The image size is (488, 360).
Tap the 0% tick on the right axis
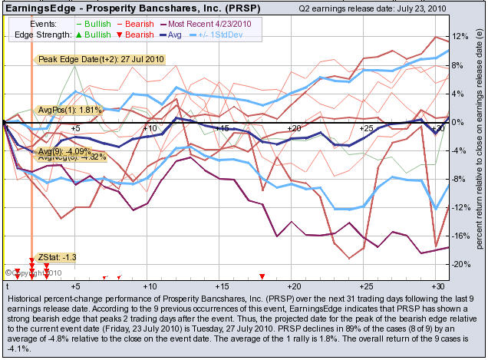tap(459, 122)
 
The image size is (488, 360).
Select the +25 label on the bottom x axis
tap(368, 285)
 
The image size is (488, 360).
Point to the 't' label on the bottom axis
tap(6, 285)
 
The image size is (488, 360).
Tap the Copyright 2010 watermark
tap(28, 272)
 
